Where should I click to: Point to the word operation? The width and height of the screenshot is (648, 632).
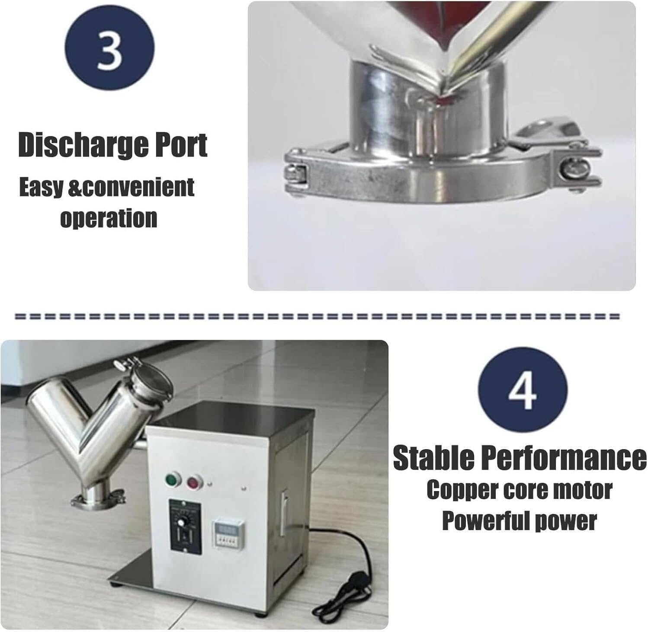click(108, 218)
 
